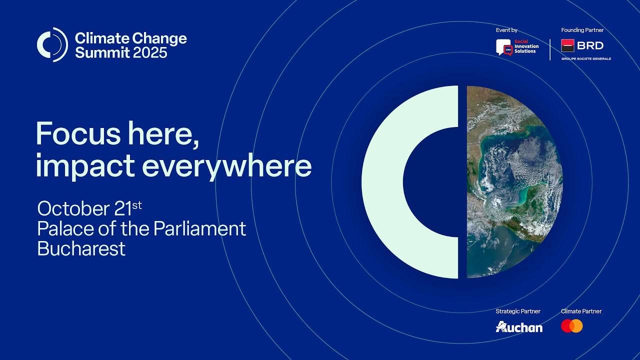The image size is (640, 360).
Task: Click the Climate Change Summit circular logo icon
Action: click(52, 45)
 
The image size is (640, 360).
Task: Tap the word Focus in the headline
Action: click(78, 134)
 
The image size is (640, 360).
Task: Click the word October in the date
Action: click(69, 208)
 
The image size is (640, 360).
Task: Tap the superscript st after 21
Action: click(137, 204)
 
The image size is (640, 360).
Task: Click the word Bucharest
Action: click(81, 248)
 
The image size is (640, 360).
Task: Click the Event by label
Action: click(506, 30)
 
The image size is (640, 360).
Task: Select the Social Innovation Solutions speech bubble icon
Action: click(504, 47)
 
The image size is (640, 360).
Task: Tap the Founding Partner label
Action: click(582, 30)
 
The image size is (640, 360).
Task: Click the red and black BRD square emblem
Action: click(567, 45)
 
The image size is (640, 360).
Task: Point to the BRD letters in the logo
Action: click(590, 45)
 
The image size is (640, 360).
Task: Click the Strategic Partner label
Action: click(518, 311)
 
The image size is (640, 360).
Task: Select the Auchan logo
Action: click(519, 327)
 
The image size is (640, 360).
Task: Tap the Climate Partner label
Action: click(581, 311)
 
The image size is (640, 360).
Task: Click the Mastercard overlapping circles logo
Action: click(572, 326)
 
